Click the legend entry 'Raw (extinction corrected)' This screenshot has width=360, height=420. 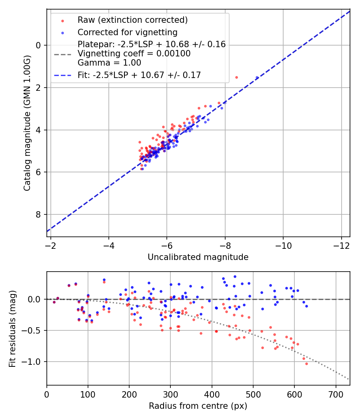(x=132, y=20)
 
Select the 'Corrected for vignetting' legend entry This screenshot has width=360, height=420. (x=127, y=32)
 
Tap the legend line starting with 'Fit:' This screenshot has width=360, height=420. (x=139, y=75)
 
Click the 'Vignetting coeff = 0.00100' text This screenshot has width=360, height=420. (x=134, y=54)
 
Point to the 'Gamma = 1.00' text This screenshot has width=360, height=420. (x=109, y=63)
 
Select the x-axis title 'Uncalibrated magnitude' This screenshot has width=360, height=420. (x=198, y=257)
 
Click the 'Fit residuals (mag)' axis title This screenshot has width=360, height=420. (x=12, y=328)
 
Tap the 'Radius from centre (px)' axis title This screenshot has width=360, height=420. (x=198, y=406)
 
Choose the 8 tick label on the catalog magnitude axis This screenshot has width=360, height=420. (x=38, y=215)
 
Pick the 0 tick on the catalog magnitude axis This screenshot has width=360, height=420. (x=38, y=45)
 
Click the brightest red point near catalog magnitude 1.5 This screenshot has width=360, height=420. (x=236, y=77)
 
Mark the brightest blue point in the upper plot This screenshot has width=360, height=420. (x=257, y=77)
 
